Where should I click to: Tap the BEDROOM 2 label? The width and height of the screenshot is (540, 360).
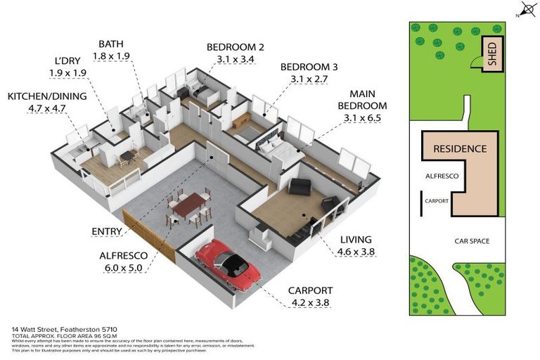235,47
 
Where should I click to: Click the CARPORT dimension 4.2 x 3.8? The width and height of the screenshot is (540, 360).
309,303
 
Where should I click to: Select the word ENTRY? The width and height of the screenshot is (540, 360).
106,231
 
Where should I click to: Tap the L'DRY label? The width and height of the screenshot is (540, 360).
68,61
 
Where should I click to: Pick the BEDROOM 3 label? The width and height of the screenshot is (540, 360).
309,67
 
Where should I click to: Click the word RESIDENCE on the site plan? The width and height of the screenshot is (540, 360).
460,149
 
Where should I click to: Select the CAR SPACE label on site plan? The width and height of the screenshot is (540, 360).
471,241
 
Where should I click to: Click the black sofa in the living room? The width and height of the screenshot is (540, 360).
300,187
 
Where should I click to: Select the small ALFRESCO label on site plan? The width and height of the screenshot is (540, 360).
443,177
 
